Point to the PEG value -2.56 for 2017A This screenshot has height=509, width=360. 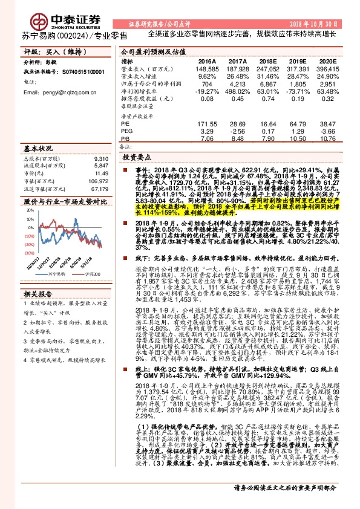coord(237,130)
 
